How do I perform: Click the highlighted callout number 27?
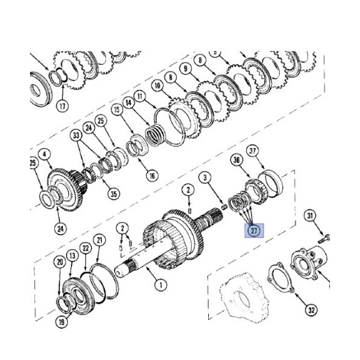click(x=254, y=230)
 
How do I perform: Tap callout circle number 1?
click(x=161, y=285)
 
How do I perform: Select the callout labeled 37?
click(x=253, y=151)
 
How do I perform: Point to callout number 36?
click(x=237, y=160)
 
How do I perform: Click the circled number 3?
click(x=205, y=177)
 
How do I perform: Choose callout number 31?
click(x=310, y=215)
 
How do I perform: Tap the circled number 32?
click(x=311, y=310)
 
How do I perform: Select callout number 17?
click(x=62, y=106)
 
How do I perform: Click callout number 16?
click(x=152, y=176)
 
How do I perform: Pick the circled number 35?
click(x=114, y=194)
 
